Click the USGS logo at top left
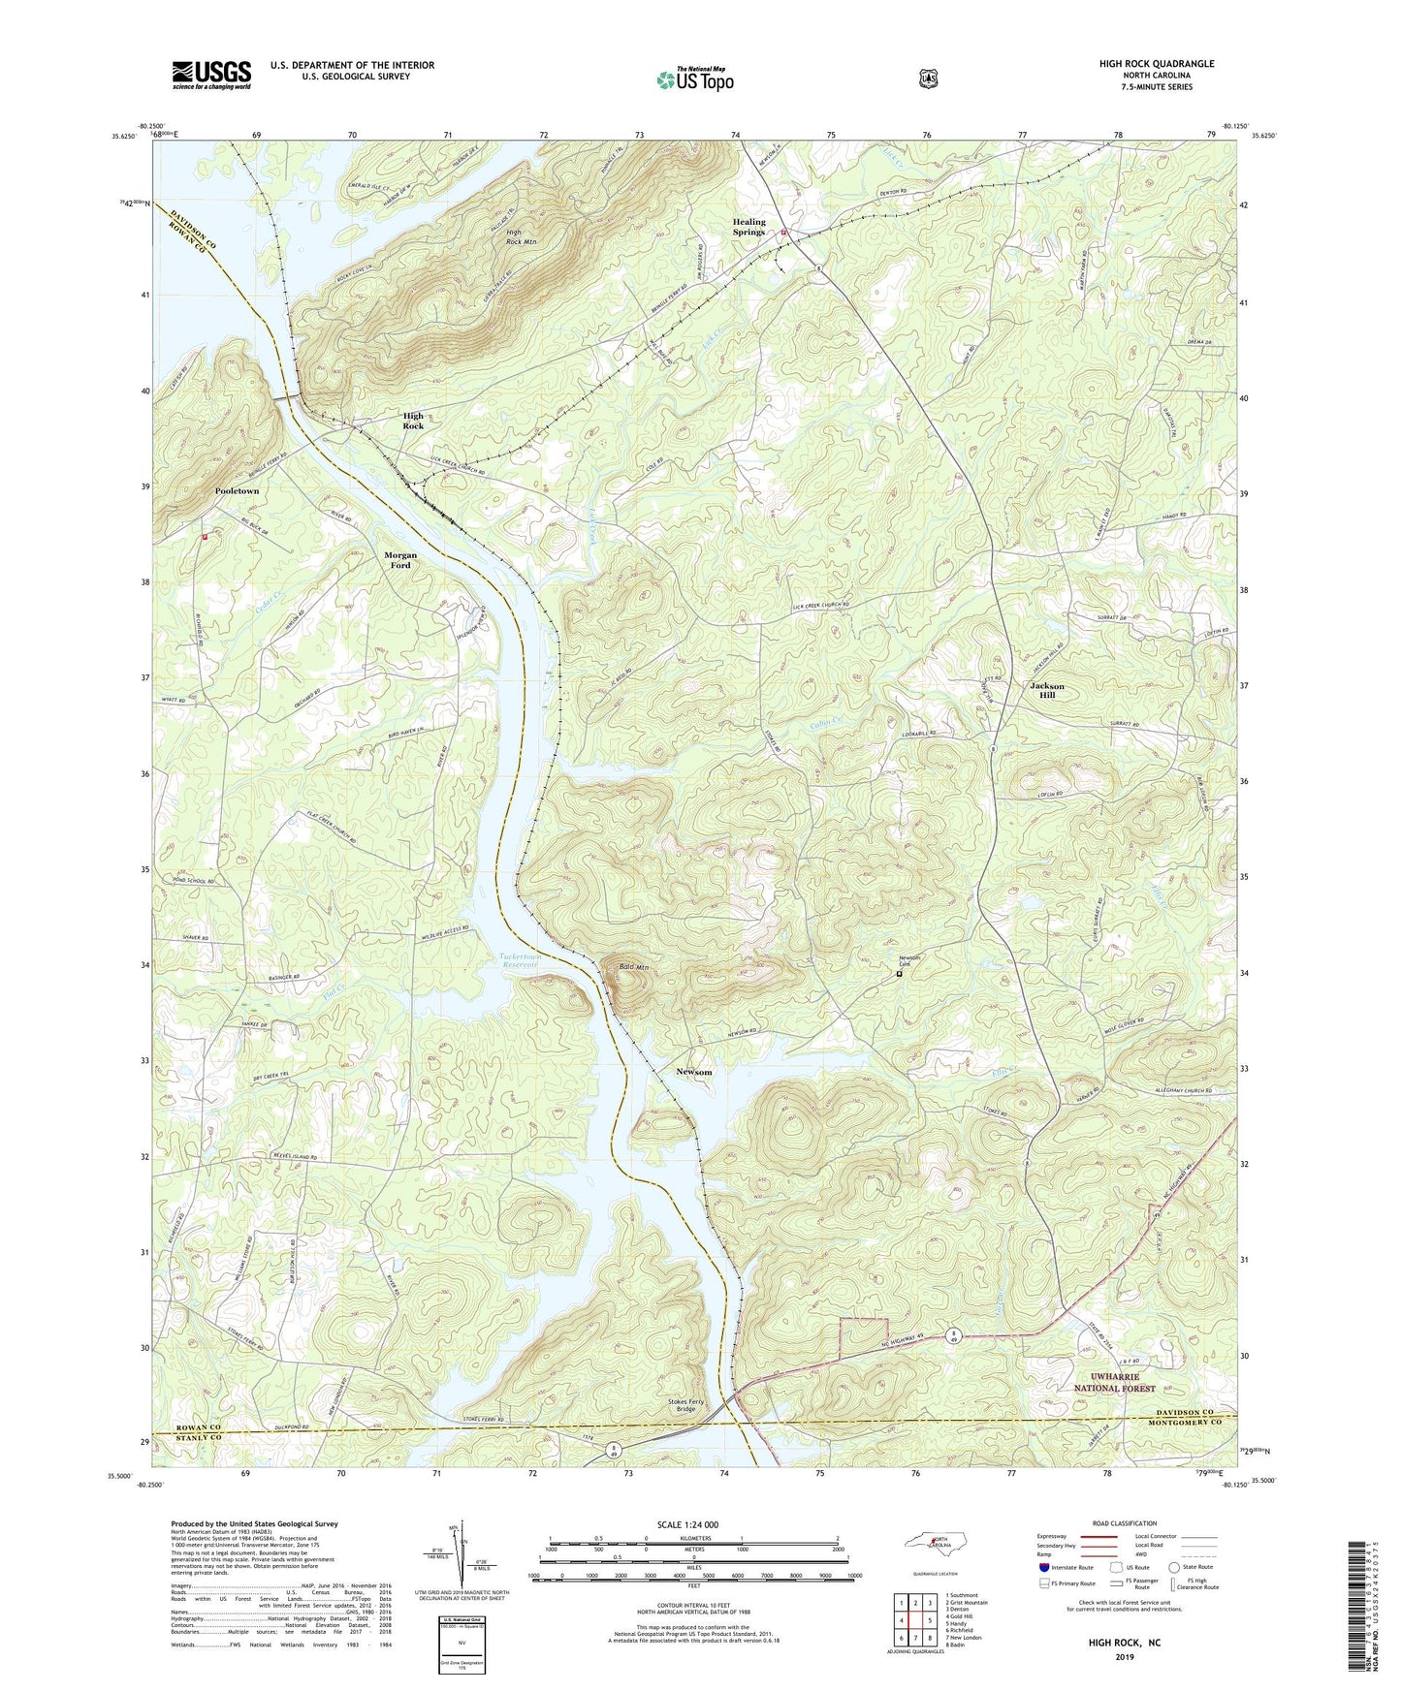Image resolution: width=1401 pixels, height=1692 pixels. pos(211,75)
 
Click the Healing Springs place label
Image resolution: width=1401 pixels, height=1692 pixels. pos(748,227)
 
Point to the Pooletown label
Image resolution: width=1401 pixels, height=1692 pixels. pos(237,491)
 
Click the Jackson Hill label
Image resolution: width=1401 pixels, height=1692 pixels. pos(1046,690)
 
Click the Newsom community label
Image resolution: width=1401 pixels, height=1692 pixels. pos(694,1072)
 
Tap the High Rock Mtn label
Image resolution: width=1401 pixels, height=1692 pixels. pos(521,237)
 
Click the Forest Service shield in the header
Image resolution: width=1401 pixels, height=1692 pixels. pos(928,78)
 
